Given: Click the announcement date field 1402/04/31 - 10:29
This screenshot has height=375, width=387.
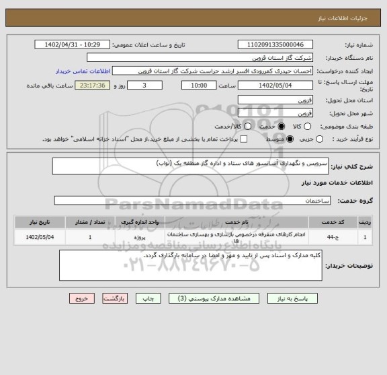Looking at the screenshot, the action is point(75,44).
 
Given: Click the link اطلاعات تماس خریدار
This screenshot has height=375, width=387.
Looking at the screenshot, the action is point(85,71).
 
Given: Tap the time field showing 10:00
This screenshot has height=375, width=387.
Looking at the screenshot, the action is point(195,86).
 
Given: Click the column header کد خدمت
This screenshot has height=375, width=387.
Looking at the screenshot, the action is point(332,221).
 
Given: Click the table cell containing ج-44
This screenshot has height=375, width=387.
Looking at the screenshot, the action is point(332,237).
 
